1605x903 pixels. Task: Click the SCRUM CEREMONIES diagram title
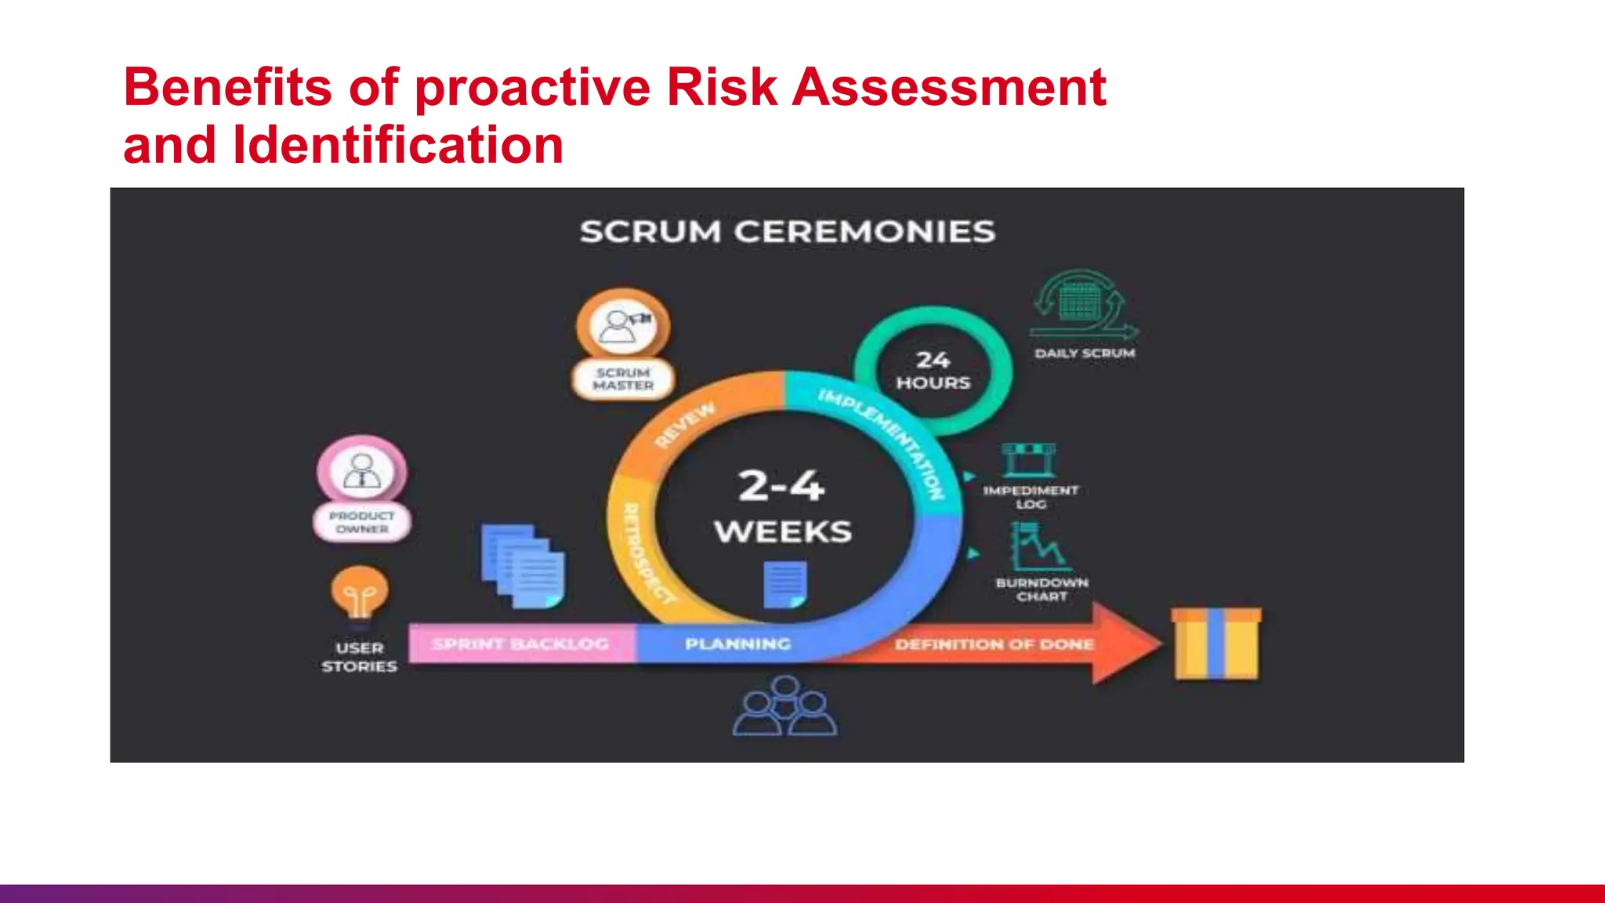point(787,232)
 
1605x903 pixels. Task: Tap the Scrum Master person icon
point(623,325)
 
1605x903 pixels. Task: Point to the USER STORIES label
point(360,657)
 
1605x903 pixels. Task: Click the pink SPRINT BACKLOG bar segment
point(520,644)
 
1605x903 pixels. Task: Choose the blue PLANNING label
point(737,644)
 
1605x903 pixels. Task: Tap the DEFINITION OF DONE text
point(995,644)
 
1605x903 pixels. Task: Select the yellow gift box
point(1216,644)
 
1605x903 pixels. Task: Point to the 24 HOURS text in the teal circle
point(933,371)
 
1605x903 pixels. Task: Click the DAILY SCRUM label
point(1085,354)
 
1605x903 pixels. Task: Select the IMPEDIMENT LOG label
point(1031,497)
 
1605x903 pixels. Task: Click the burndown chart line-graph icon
point(1039,546)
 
